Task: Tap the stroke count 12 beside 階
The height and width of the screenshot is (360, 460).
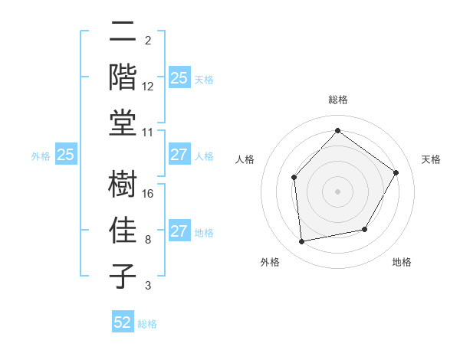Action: (x=148, y=86)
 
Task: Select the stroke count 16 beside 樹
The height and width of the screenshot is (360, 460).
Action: (x=148, y=193)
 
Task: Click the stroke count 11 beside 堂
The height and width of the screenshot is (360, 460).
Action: (x=148, y=132)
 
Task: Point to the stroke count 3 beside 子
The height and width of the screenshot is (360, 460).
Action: (x=148, y=285)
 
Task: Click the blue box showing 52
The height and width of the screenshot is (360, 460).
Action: (x=123, y=322)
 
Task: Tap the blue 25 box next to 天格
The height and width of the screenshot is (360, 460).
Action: (x=179, y=77)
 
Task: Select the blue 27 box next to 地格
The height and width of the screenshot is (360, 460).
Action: (x=179, y=231)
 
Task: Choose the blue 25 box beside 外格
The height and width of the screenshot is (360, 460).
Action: (x=65, y=155)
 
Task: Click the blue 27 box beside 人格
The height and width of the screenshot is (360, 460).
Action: (x=179, y=155)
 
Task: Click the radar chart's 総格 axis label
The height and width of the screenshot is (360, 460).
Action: (x=337, y=100)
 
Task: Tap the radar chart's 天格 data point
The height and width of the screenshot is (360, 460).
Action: (x=396, y=172)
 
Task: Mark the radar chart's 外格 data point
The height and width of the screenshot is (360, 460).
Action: (x=302, y=241)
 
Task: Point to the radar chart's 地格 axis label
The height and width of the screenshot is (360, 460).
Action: (x=402, y=262)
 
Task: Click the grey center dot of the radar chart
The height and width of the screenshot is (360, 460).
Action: (x=337, y=191)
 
